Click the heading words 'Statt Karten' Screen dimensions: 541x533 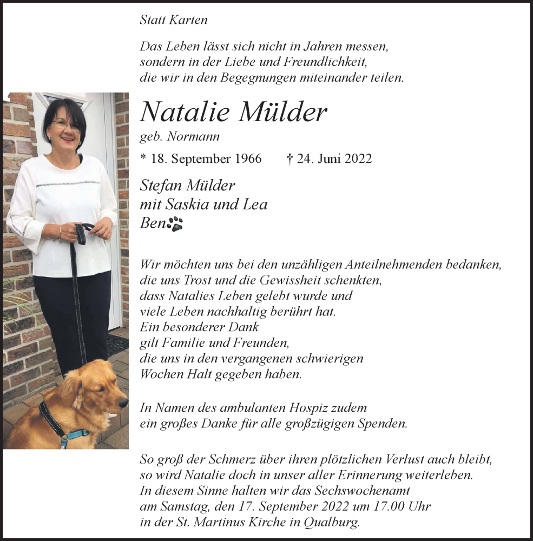pos(173,20)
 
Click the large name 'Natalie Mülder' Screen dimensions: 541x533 pos(233,113)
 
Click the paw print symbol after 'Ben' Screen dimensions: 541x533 pos(175,224)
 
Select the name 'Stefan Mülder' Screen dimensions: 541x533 pos(187,186)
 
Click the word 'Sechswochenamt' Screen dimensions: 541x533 pos(366,491)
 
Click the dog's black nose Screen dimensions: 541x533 pos(124,402)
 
